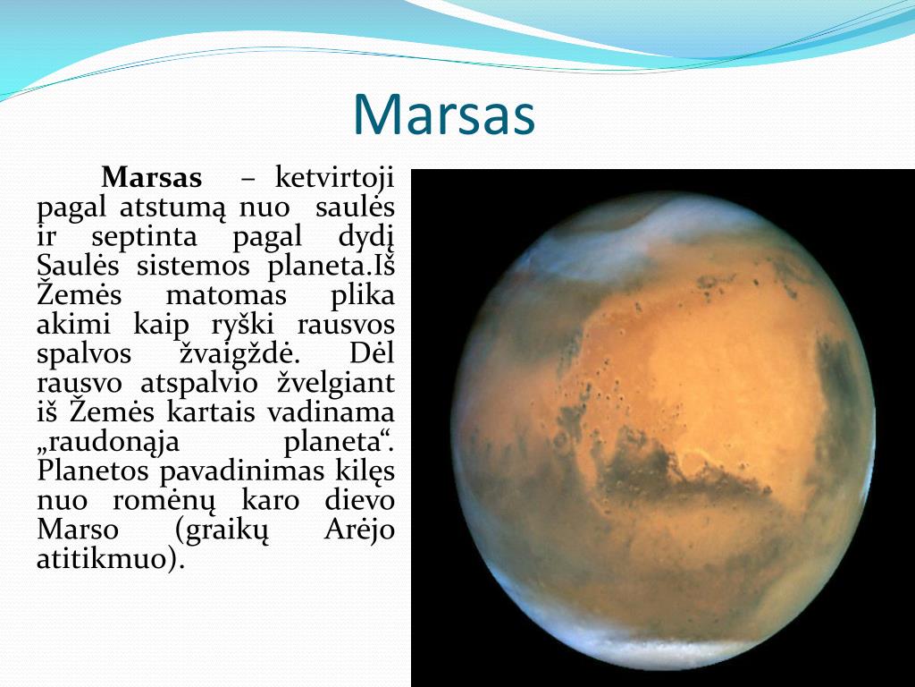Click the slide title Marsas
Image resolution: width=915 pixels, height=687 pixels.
click(444, 114)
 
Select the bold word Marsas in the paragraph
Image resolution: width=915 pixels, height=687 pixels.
click(152, 177)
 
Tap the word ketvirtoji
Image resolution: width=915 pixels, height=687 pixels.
click(334, 177)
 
